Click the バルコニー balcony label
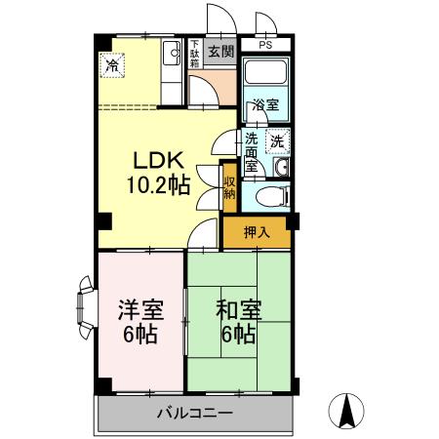coord(195,414)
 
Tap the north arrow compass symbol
coord(347,409)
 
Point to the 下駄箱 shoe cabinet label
coord(194,55)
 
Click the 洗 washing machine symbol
coord(278,140)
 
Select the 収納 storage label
coord(229,186)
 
